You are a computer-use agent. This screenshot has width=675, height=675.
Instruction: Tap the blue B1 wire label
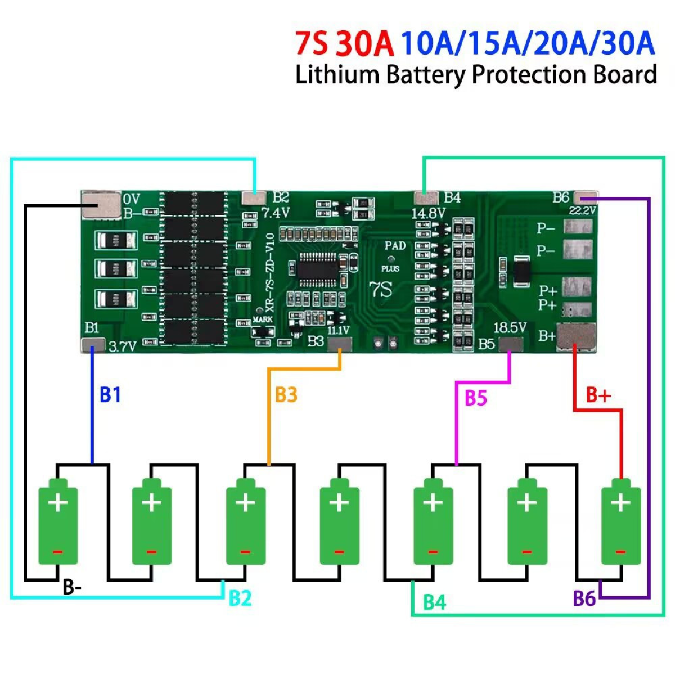click(110, 395)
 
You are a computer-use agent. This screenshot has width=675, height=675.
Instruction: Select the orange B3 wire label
click(286, 395)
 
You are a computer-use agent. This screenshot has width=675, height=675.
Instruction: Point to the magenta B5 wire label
click(475, 398)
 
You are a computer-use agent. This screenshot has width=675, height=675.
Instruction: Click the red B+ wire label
click(598, 395)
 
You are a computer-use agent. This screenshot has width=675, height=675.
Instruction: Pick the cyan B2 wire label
click(240, 598)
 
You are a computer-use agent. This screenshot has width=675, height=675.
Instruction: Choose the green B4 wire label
click(434, 602)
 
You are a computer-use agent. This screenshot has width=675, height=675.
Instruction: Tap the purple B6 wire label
click(584, 598)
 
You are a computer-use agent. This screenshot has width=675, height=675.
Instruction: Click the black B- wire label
click(72, 587)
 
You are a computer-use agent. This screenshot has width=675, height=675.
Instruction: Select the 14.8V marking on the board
click(428, 214)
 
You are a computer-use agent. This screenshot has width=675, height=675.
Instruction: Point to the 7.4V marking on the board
click(276, 213)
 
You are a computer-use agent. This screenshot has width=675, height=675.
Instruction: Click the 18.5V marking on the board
click(510, 327)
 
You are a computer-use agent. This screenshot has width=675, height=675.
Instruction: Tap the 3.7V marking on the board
click(122, 346)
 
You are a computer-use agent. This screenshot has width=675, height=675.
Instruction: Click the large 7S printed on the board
click(380, 290)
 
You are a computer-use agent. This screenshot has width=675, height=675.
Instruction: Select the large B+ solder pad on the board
click(575, 337)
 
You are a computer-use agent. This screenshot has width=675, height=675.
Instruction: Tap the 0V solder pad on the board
click(101, 205)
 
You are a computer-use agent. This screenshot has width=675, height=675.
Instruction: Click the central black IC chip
click(318, 269)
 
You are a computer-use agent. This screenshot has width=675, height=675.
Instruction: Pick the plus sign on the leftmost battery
click(58, 502)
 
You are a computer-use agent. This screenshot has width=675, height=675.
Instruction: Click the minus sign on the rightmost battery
click(620, 552)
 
